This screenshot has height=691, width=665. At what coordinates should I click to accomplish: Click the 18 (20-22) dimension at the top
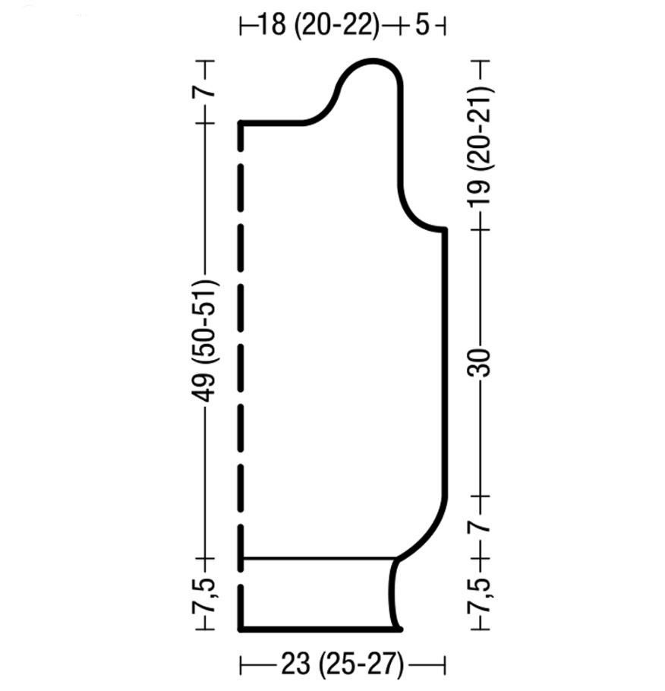pyautogui.click(x=318, y=25)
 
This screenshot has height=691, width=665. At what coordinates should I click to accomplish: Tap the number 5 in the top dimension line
pyautogui.click(x=422, y=25)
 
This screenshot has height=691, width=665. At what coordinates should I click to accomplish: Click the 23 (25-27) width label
pyautogui.click(x=342, y=664)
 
